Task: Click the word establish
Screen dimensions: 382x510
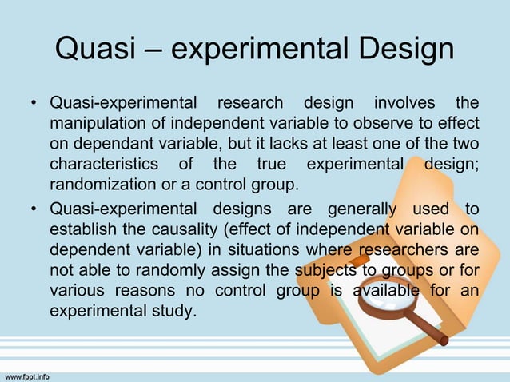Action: coord(81,229)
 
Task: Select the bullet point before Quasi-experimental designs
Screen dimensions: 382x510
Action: coord(34,209)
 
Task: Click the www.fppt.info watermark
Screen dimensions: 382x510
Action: coord(28,374)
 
